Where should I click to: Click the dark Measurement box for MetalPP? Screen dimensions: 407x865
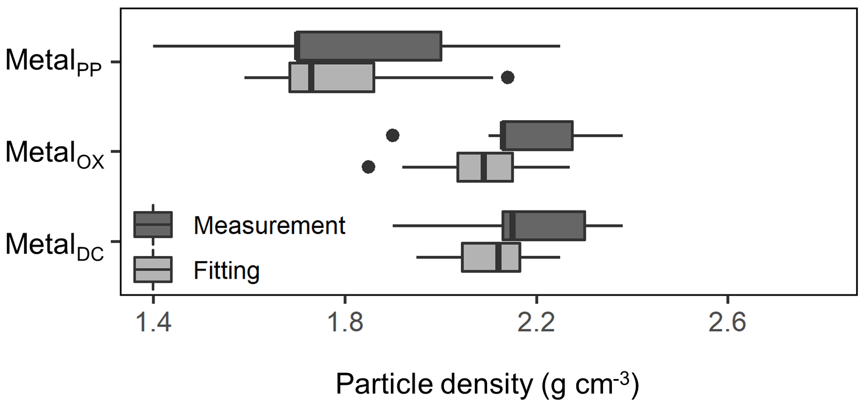click(x=369, y=46)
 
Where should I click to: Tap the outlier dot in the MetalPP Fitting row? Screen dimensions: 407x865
click(x=507, y=78)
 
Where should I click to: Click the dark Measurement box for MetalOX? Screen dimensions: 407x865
click(x=537, y=135)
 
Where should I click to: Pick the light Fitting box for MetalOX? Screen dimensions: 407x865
click(x=485, y=167)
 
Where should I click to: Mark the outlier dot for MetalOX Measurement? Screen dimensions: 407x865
click(x=393, y=135)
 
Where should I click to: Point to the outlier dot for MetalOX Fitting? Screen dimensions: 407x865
click(x=369, y=167)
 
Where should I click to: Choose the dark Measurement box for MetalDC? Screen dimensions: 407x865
click(x=544, y=225)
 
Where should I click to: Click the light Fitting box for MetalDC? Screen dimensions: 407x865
click(x=491, y=257)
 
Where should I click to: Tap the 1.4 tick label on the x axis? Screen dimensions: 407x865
click(x=153, y=323)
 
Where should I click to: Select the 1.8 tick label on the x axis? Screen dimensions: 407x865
click(x=345, y=323)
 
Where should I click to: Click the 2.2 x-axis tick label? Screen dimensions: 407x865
click(x=535, y=323)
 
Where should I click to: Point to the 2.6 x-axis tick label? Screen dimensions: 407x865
click(x=727, y=323)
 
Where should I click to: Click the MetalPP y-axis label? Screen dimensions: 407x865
click(x=54, y=62)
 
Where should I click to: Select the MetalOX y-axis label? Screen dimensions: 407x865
click(x=54, y=152)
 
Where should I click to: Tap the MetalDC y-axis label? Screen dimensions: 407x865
click(x=54, y=242)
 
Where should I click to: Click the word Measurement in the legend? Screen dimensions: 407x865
click(x=270, y=225)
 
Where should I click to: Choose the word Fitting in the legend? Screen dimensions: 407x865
click(x=226, y=269)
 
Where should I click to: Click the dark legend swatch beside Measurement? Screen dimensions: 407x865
click(x=153, y=224)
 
